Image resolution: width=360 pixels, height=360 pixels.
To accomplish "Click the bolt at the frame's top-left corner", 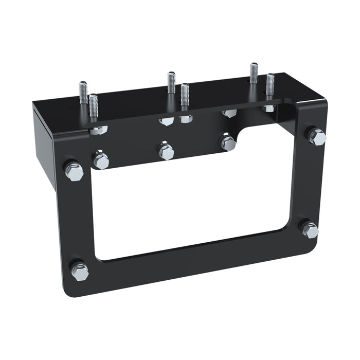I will point(74,171).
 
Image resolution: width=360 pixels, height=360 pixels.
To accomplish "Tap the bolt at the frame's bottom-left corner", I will point(80,271).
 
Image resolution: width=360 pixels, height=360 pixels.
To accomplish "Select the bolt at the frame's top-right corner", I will point(317,137).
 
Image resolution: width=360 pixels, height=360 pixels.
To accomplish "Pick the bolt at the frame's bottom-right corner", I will point(310,229).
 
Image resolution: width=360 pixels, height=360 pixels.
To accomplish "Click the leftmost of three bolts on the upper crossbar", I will point(101,160).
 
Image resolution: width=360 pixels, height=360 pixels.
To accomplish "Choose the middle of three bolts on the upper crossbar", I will point(166,151).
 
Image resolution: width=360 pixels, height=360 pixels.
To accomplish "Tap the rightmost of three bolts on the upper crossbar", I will point(228,142).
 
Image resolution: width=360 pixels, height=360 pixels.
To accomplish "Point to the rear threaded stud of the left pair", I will point(83,93).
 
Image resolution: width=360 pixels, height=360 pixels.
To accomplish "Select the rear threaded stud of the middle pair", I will point(171,82).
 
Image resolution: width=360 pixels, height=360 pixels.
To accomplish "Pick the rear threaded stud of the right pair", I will point(254,74).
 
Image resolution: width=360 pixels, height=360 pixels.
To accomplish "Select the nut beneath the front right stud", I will point(268,109).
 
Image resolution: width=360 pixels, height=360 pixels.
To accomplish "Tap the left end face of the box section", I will point(43,144).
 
